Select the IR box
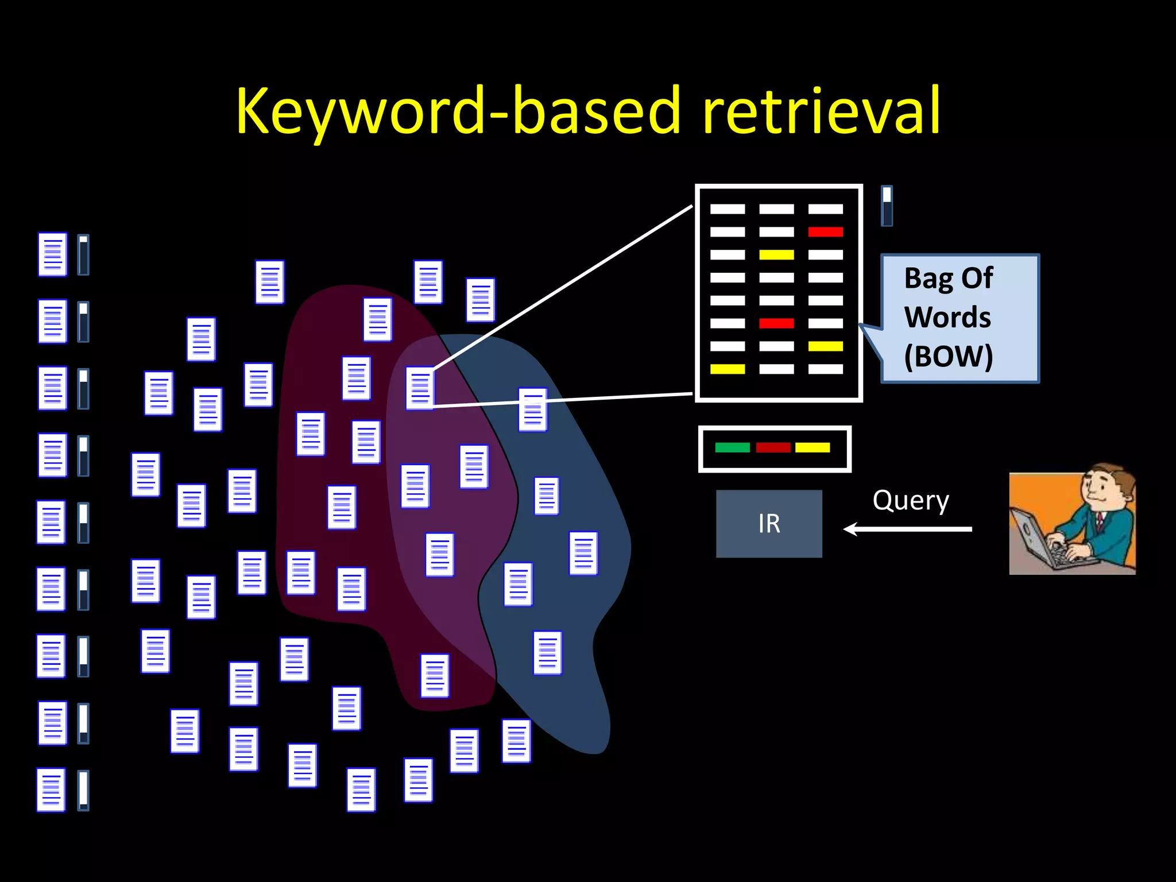pos(769,523)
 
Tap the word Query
pos(911,501)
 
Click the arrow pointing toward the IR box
pos(907,529)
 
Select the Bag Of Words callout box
pos(960,318)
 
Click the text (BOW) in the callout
pos(948,357)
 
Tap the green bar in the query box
pos(732,447)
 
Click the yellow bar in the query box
pos(812,447)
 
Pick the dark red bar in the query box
pos(773,447)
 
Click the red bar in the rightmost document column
pos(825,232)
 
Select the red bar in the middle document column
pos(776,323)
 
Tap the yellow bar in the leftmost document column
pos(728,369)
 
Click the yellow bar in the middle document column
pos(776,254)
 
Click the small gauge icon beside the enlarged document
pos(887,206)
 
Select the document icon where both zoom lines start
pos(420,388)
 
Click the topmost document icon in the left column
pos(52,254)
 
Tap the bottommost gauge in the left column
pos(83,790)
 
